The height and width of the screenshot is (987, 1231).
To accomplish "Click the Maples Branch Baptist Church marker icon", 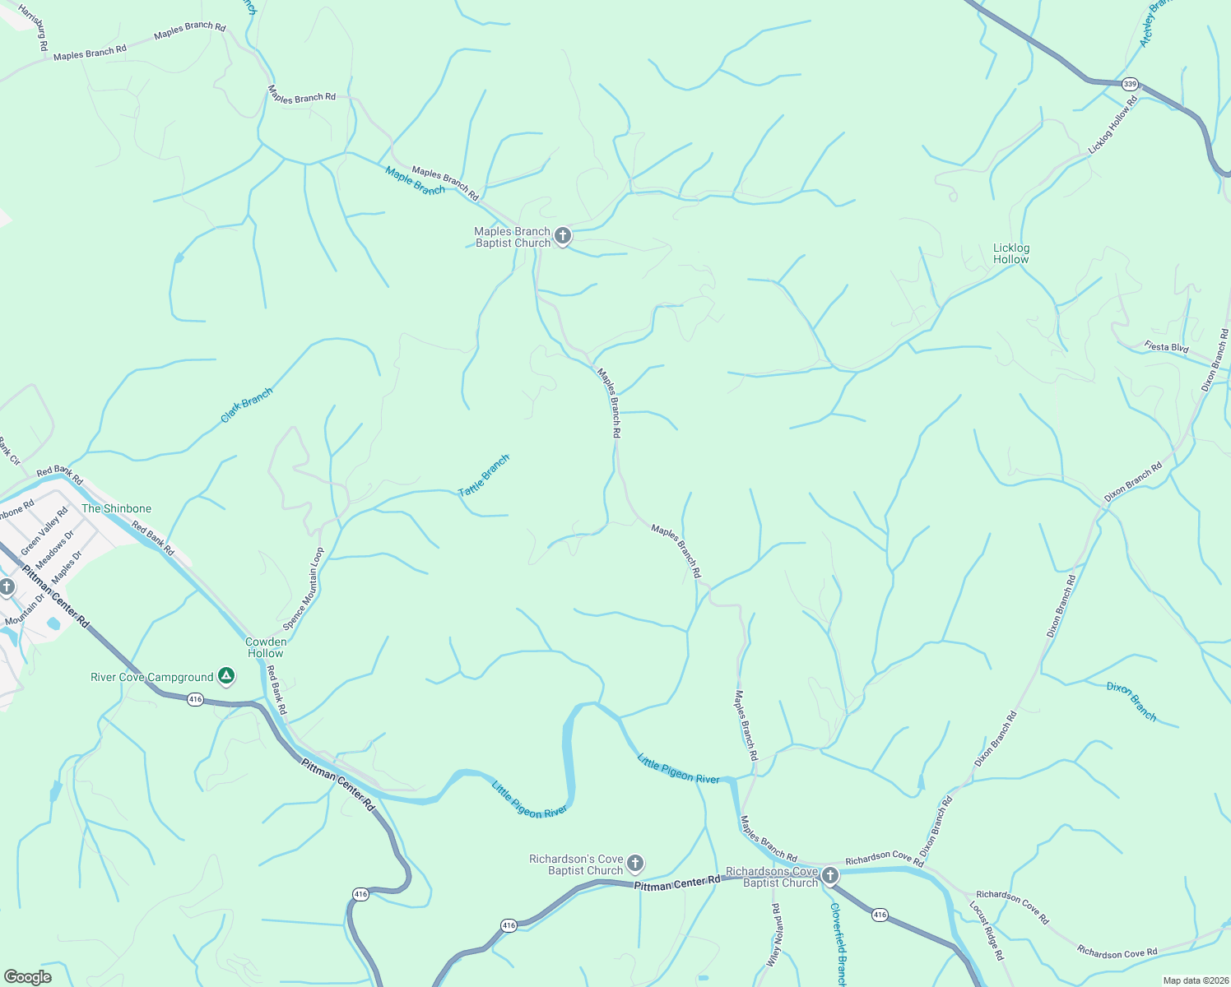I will coord(563,236).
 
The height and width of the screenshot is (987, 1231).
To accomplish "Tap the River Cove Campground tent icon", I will coord(226,677).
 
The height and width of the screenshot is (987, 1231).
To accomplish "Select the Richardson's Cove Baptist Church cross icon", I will coord(634,863).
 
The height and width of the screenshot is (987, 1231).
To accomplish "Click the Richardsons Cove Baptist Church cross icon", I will coord(830,875).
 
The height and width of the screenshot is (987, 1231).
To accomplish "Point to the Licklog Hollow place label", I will coord(1010,253).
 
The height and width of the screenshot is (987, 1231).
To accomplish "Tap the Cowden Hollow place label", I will coord(266,647).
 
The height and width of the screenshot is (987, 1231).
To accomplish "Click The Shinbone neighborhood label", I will coord(116,508).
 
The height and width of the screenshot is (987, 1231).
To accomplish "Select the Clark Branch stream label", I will coord(246,405).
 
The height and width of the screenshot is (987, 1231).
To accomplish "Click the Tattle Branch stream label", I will coord(484,475).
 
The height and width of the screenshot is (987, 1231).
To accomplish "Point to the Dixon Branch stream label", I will coord(1131,702).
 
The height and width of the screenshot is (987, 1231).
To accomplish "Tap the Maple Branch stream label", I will coord(415,181).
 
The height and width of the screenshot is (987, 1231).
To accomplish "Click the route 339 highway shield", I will coord(1130,84).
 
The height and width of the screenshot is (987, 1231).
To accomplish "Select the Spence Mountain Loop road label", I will coord(304,589).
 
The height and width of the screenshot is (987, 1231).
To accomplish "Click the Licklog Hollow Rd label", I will coord(1113,125).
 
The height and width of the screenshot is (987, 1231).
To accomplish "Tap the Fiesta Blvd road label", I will coord(1166,347).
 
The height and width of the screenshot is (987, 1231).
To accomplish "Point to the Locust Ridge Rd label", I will coord(987,931).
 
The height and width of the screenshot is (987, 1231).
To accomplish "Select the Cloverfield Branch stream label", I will coord(838,944).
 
